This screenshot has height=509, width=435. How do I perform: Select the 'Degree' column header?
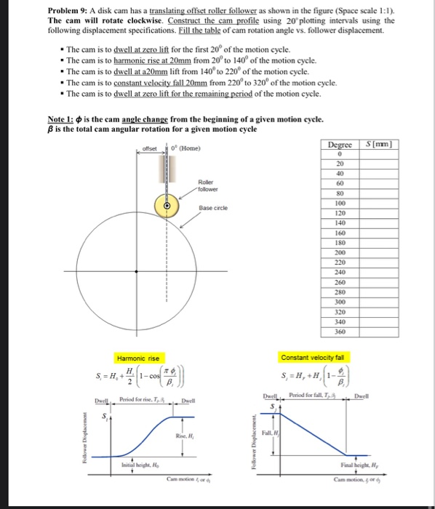(x=340, y=145)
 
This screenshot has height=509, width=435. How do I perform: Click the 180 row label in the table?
(x=340, y=242)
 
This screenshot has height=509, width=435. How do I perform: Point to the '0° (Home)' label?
(x=188, y=151)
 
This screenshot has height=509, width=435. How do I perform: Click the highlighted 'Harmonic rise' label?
(x=138, y=358)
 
